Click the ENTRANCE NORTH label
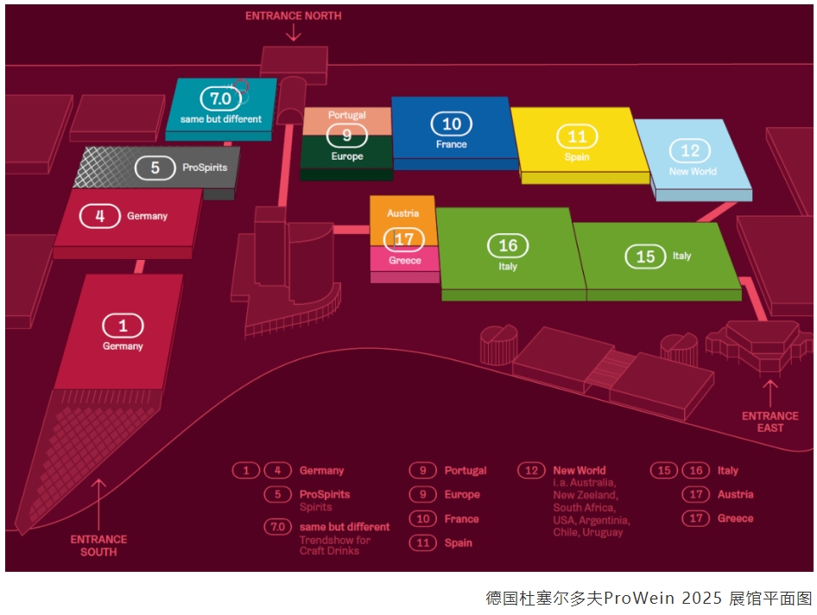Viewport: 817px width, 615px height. (x=293, y=16)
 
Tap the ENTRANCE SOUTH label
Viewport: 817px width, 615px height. (x=98, y=545)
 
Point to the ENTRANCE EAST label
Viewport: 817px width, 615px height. (x=769, y=422)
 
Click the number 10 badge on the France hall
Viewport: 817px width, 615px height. (x=451, y=124)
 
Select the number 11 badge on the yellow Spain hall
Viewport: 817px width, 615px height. (x=577, y=136)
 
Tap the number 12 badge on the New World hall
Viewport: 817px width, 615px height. (x=690, y=151)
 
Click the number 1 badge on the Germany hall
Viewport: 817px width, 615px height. (x=123, y=326)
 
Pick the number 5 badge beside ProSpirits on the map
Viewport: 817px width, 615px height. (x=155, y=167)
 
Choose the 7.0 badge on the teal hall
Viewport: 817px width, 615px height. (x=221, y=98)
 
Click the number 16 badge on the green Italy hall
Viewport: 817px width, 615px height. (x=508, y=246)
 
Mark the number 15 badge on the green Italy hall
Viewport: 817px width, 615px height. (x=645, y=257)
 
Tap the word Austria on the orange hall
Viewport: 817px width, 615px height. (x=402, y=213)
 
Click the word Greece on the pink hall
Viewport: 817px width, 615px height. (x=405, y=260)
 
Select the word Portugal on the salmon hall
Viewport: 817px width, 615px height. (x=347, y=115)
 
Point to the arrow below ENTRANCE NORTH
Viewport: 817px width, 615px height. (x=294, y=33)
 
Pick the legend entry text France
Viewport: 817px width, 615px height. (x=461, y=519)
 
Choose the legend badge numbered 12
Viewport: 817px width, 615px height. (x=529, y=471)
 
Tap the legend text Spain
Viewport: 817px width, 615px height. (x=459, y=542)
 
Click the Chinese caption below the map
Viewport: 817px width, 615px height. (x=648, y=598)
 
